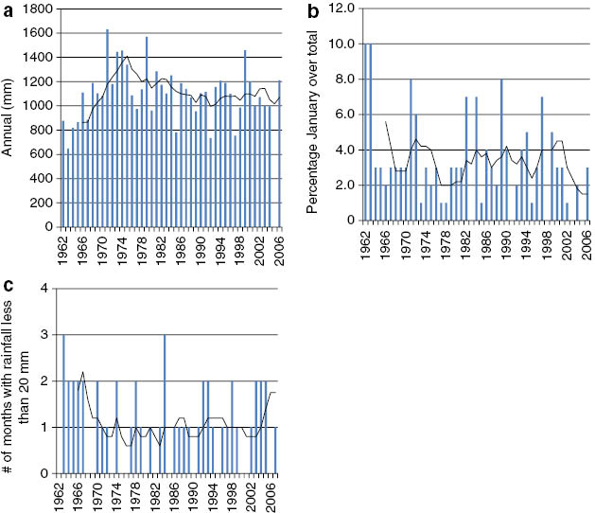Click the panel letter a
8,9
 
